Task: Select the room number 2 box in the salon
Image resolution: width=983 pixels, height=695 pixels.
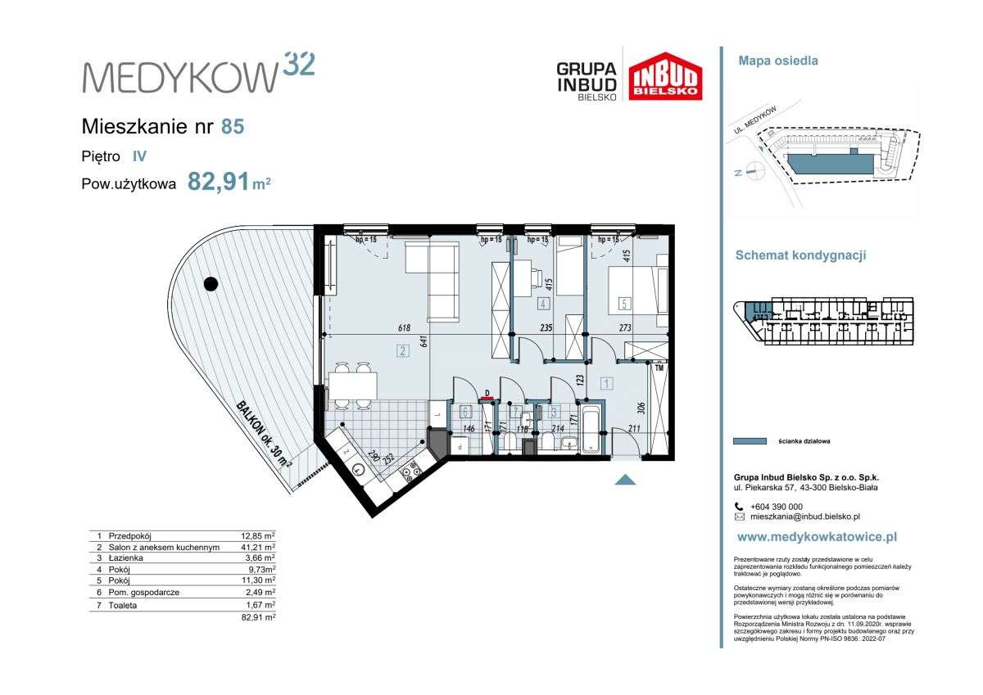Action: pyautogui.click(x=402, y=352)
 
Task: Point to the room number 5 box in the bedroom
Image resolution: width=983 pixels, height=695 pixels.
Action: pyautogui.click(x=625, y=304)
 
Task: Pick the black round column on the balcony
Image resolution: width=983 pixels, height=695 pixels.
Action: pyautogui.click(x=211, y=284)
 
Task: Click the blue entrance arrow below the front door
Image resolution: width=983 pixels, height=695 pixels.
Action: pyautogui.click(x=625, y=480)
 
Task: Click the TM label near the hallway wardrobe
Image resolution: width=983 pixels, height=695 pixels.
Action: pyautogui.click(x=659, y=369)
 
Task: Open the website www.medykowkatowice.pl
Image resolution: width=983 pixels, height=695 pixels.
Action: pyautogui.click(x=817, y=537)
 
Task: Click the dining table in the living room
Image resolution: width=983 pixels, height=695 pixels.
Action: pyautogui.click(x=353, y=383)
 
